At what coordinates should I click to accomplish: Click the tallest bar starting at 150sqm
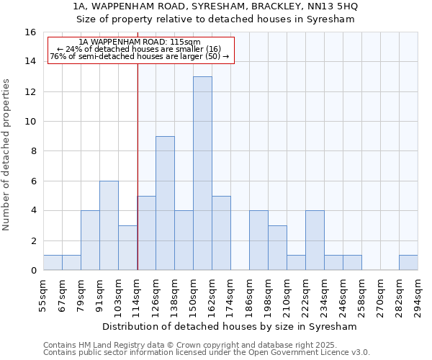click(x=202, y=174)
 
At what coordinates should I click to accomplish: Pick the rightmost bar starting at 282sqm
click(x=408, y=263)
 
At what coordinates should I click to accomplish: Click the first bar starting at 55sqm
click(x=53, y=263)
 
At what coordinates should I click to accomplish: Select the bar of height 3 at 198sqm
click(x=277, y=248)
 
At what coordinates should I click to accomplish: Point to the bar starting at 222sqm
click(x=315, y=240)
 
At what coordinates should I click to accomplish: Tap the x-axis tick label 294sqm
click(x=418, y=296)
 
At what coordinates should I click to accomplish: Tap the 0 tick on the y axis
click(x=32, y=271)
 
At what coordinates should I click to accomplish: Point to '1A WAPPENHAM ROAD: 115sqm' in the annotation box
click(x=140, y=42)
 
